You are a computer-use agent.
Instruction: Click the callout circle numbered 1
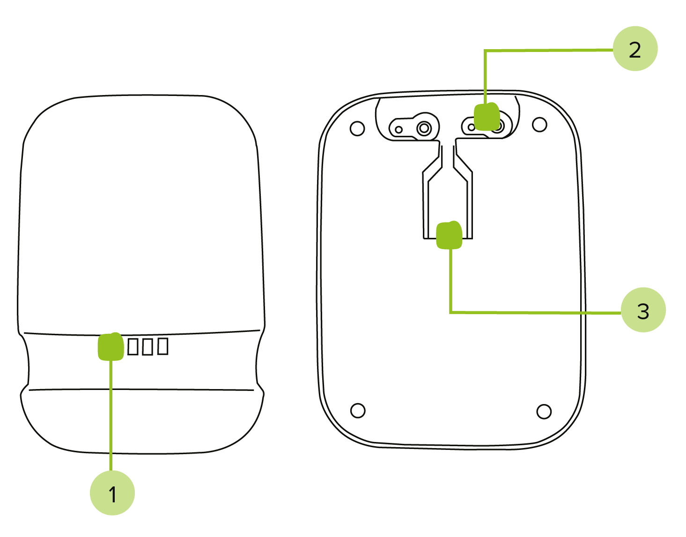click(112, 493)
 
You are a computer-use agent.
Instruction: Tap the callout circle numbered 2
click(635, 49)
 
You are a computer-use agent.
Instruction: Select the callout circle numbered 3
click(643, 310)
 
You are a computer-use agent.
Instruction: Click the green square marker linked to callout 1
click(111, 346)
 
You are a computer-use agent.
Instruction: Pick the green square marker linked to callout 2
click(487, 117)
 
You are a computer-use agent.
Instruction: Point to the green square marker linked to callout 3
click(449, 235)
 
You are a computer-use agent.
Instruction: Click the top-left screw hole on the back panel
click(357, 128)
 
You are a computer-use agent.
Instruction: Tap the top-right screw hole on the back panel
click(539, 125)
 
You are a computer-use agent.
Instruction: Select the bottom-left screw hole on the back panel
click(358, 411)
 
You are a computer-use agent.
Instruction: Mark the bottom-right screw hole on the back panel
click(544, 412)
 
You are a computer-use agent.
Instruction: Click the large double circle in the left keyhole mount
click(424, 128)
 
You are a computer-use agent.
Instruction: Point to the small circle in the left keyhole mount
click(398, 129)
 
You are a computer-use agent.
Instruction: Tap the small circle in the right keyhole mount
click(471, 127)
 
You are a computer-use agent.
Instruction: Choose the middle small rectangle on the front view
click(148, 346)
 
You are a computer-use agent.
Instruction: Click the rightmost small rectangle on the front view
click(162, 346)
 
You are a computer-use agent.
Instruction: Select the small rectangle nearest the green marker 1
click(133, 346)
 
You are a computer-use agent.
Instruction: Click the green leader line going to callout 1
click(111, 416)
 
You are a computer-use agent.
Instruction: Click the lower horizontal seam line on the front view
click(141, 390)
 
